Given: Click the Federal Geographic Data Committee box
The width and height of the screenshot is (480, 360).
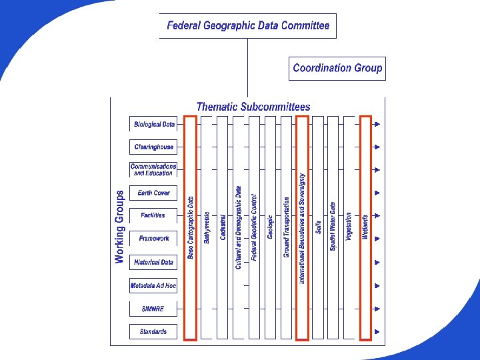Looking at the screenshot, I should click(248, 26).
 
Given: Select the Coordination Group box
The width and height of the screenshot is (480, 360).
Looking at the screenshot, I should click(337, 68).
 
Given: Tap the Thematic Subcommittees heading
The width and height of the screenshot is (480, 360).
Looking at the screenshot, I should click(253, 107).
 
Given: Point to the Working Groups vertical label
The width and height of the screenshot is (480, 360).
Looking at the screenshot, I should click(120, 227).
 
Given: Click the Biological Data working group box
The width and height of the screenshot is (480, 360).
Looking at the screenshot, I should click(153, 124).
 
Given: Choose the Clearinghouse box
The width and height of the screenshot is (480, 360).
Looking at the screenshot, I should click(153, 147).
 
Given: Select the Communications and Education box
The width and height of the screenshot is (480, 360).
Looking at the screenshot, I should click(153, 169).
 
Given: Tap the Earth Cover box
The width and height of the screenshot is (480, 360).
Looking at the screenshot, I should click(153, 193).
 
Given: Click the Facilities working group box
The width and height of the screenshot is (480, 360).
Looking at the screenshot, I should click(153, 215).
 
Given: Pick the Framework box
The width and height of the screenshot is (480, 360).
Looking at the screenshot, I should click(153, 238).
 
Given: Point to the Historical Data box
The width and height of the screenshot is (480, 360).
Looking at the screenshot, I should click(153, 262).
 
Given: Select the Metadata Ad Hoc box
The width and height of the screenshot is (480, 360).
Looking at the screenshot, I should click(153, 285).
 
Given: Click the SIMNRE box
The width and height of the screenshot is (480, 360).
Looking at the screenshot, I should click(153, 309).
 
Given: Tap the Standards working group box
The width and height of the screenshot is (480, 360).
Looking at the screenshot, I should click(153, 331).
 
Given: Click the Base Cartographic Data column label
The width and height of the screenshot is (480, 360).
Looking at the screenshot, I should click(191, 227).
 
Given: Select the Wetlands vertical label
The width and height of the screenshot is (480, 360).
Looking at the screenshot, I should click(365, 227).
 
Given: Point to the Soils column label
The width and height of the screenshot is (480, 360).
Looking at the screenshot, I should click(319, 227).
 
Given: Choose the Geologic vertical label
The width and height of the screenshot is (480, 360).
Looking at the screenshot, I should click(271, 227).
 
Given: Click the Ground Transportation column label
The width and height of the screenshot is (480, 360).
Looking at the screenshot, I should click(287, 227).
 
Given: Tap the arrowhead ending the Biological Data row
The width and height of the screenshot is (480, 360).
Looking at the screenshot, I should click(377, 124).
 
